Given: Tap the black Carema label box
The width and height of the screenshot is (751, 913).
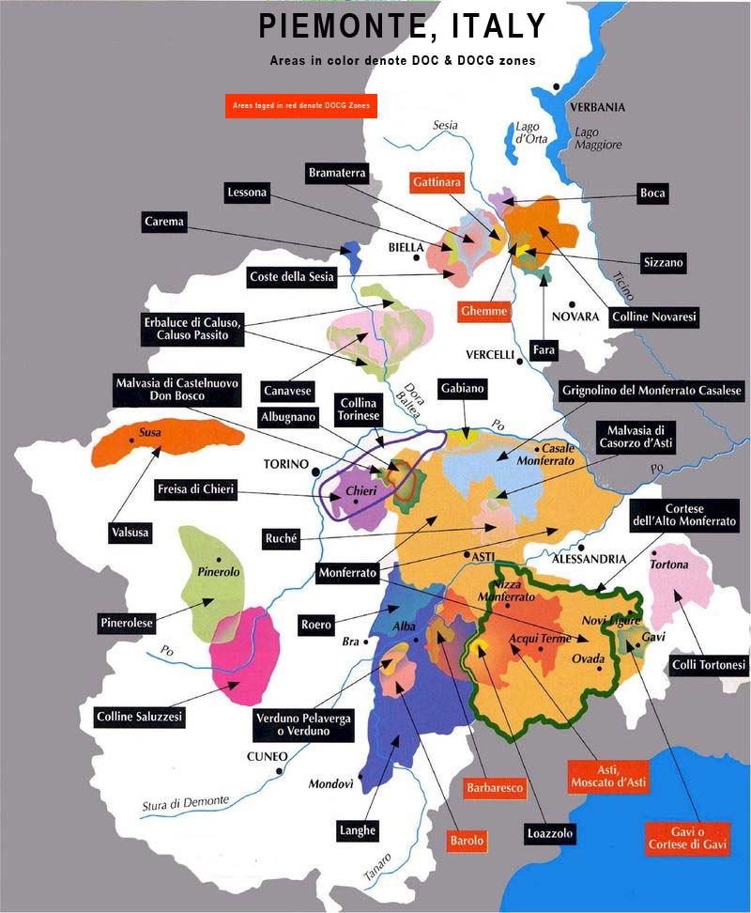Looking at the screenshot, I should [164, 223].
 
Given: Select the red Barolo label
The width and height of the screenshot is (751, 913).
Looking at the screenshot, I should [467, 841].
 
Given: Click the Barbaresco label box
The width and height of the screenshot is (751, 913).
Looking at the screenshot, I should [493, 788].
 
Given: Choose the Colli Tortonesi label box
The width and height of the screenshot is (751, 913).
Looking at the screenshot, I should [710, 665].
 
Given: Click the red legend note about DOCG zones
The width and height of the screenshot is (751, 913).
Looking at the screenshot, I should [300, 106].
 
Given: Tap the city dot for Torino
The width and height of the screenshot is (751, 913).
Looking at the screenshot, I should [316, 472].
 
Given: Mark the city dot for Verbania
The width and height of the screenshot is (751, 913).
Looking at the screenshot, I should [557, 86].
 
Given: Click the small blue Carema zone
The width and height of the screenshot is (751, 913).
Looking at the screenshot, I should [353, 251].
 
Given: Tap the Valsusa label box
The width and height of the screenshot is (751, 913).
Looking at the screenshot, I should [130, 533].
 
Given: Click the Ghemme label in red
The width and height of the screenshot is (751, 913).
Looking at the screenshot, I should [484, 311].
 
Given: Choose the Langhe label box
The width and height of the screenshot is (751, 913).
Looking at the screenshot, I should [358, 830].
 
